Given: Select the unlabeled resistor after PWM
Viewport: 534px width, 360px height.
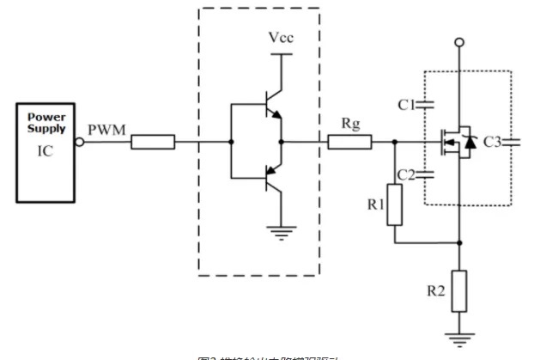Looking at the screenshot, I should click(153, 143).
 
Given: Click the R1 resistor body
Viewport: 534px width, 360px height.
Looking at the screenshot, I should click(395, 206).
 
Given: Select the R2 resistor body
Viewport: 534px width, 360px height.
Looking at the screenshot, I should click(460, 290).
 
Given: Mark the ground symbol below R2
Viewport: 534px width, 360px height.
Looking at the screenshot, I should click(460, 337).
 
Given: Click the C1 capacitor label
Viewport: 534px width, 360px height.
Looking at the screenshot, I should click(406, 105).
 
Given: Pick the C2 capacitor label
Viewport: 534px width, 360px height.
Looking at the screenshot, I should click(405, 174).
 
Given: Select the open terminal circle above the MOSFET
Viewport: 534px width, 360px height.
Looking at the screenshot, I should click(460, 41).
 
